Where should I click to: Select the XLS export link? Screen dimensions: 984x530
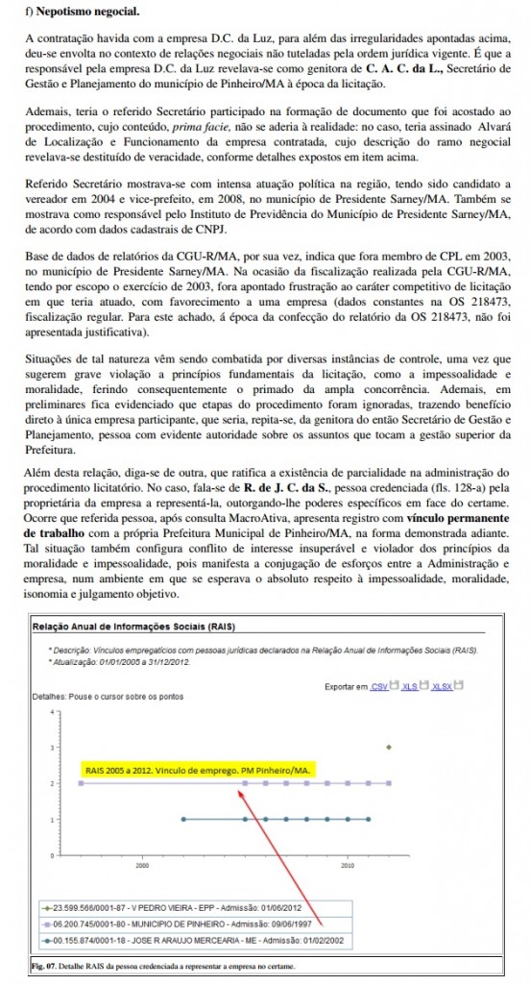pos(409,686)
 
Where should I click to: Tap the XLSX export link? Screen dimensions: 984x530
pos(441,686)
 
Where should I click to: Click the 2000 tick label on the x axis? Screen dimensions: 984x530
pos(141,866)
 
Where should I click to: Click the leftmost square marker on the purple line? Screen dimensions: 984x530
pos(80,783)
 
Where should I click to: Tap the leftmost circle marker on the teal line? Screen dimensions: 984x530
pos(183,820)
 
